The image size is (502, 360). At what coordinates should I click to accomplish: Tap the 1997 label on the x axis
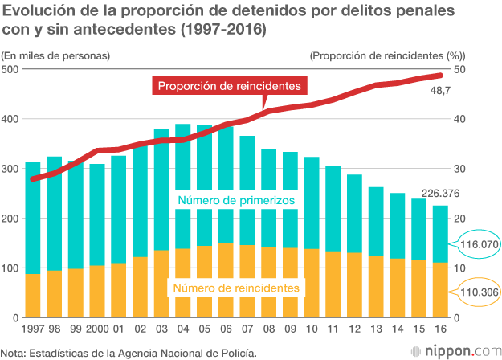pos(33,330)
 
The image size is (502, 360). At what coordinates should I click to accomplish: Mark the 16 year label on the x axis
pos(440,330)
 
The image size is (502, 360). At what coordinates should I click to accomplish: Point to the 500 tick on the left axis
pos(10,70)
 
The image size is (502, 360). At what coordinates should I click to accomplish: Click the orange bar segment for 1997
pos(33,296)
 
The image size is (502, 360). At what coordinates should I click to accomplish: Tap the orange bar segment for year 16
pos(440,290)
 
